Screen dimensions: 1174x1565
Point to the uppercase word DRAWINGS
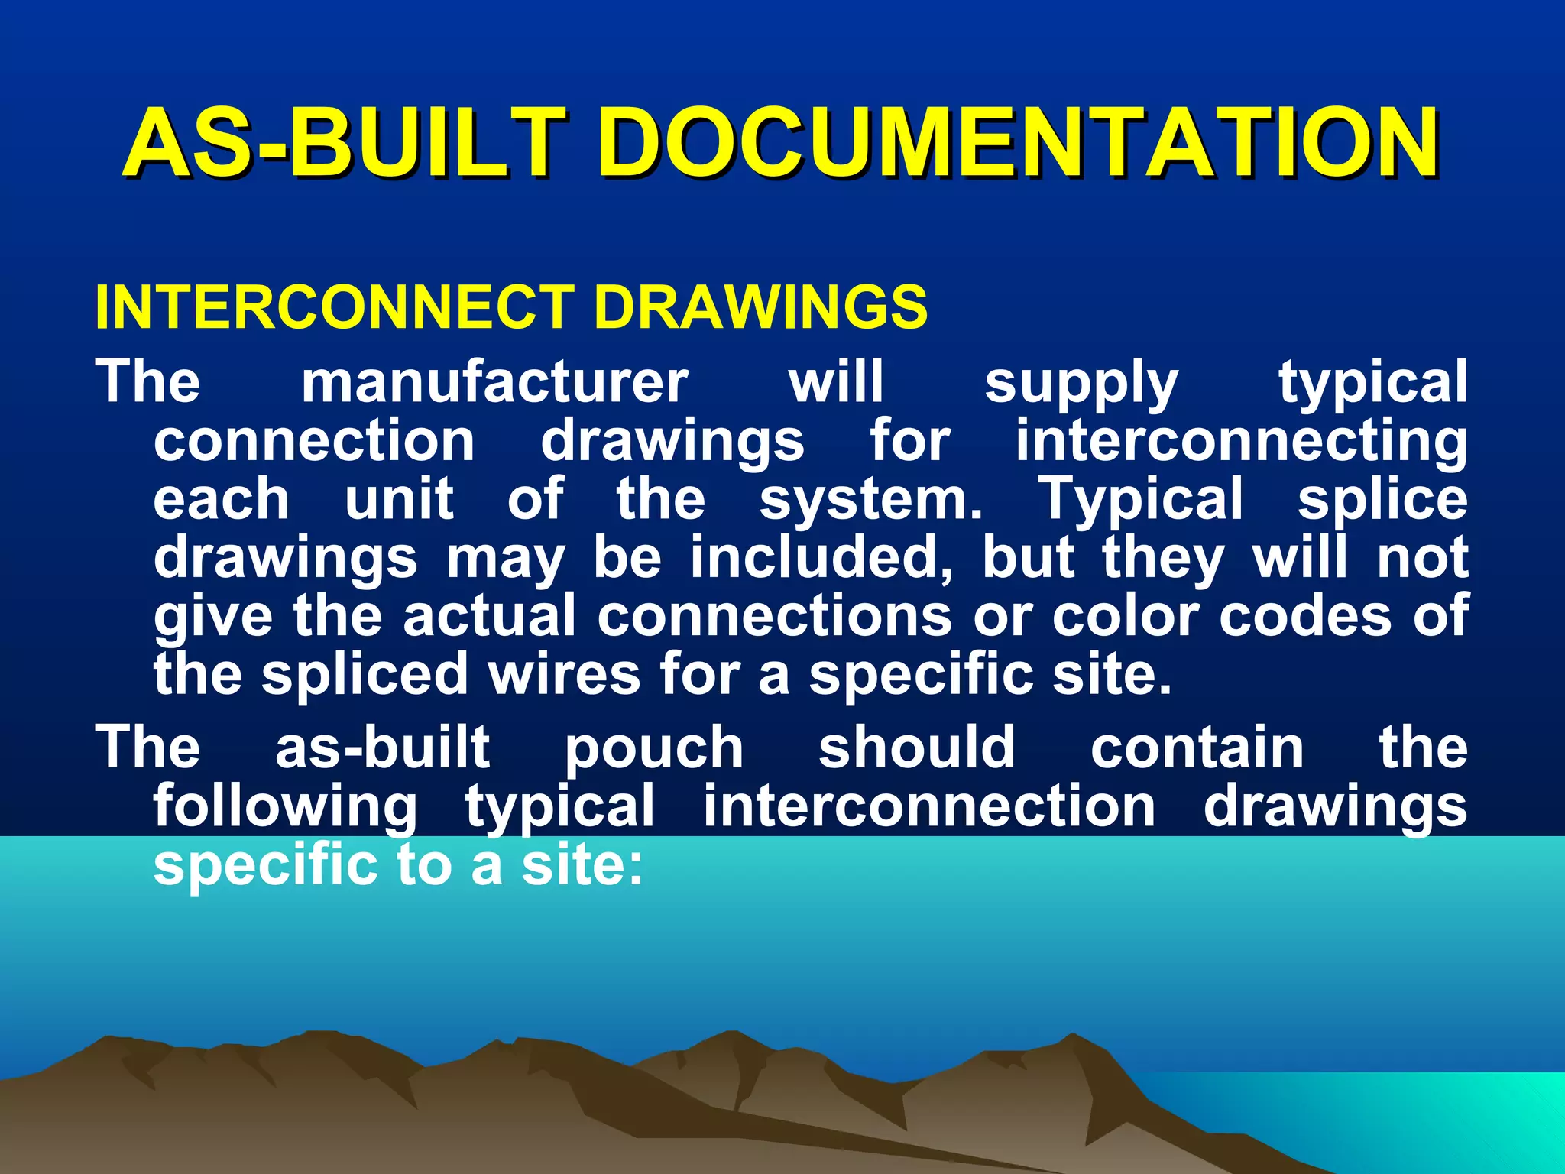[x=760, y=307]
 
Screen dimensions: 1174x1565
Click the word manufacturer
[x=495, y=381]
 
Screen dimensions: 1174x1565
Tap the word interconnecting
[x=1241, y=443]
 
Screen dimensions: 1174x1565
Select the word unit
[x=399, y=499]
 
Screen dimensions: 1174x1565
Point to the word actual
[x=489, y=616]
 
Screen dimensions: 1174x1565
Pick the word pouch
[x=654, y=749]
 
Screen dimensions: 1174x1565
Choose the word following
[x=286, y=808]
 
